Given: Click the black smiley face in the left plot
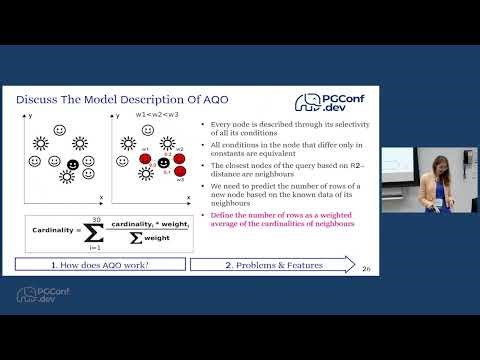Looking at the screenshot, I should [73, 164].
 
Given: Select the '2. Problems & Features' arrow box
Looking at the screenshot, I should [270, 264].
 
